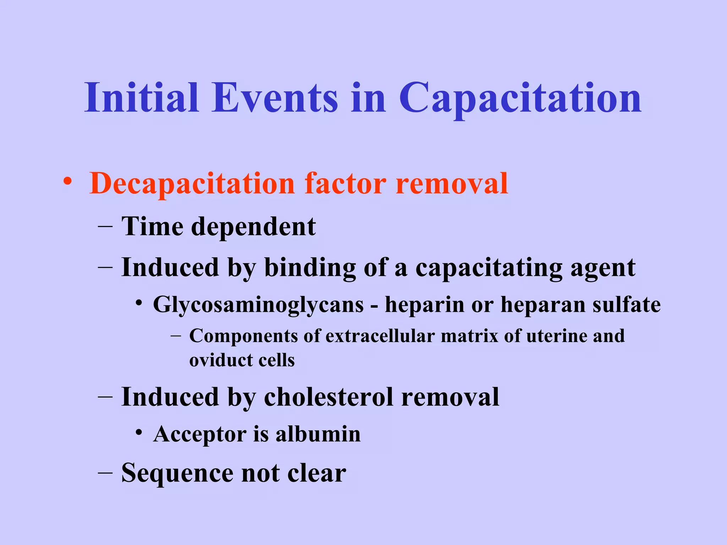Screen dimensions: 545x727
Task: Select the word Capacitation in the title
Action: [520, 99]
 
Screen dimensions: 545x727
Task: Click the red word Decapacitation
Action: [192, 184]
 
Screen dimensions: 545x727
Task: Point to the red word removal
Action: [452, 184]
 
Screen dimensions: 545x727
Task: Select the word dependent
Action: [253, 227]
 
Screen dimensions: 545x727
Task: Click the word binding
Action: [310, 268]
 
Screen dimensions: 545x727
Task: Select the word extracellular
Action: [380, 336]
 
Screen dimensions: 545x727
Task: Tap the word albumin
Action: [318, 434]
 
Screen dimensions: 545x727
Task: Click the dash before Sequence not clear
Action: [105, 473]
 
